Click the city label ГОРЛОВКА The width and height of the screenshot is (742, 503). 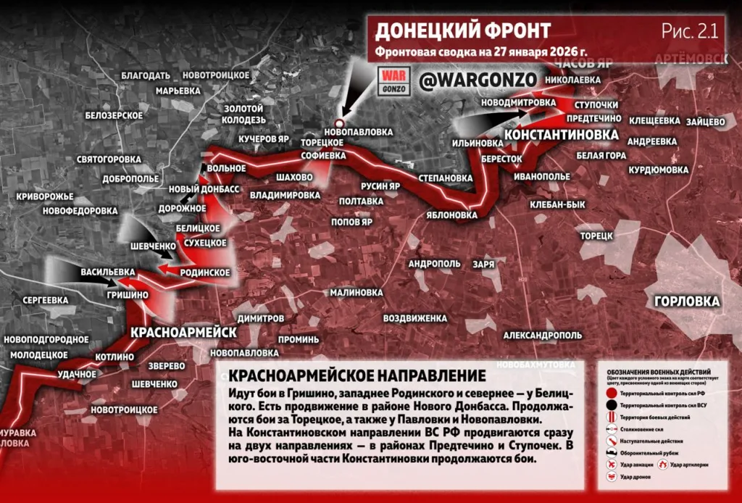[x=686, y=302]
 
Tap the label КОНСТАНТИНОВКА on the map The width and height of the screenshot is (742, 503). [x=561, y=136]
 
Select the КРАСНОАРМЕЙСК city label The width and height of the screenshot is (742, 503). [x=184, y=332]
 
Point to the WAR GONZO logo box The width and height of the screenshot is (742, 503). [x=396, y=80]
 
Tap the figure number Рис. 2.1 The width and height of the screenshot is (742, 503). [x=689, y=30]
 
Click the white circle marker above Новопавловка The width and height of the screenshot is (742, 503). [x=338, y=122]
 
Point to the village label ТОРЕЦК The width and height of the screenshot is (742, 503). [x=596, y=236]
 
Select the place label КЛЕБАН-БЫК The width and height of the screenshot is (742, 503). [x=557, y=205]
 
